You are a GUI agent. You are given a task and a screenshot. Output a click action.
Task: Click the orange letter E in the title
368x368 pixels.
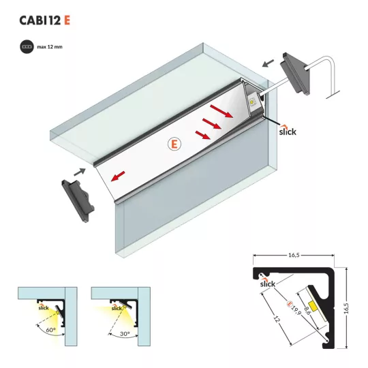[x=67, y=20]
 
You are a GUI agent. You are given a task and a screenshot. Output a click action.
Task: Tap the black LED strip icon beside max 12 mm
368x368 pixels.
[x=27, y=47]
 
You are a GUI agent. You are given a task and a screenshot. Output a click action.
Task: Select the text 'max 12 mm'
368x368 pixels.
[x=50, y=47]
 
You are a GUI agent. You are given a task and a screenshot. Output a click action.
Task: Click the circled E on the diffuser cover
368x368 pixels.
[x=174, y=144]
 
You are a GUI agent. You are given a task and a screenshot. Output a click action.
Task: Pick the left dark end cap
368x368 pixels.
[x=78, y=200]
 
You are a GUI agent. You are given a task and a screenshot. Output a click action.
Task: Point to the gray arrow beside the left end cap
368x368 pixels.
[x=79, y=172]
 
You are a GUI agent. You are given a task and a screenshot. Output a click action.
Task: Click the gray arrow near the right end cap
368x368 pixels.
[x=268, y=63]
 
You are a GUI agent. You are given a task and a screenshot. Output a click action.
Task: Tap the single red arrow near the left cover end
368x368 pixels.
[x=118, y=177]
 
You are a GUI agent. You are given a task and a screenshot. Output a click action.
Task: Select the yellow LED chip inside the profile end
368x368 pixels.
[x=251, y=102]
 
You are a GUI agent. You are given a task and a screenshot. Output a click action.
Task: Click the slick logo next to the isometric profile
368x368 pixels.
[x=288, y=130]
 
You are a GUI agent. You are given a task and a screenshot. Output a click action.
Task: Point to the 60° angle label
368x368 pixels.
[x=50, y=330]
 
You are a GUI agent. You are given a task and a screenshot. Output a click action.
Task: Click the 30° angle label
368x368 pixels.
[x=125, y=333]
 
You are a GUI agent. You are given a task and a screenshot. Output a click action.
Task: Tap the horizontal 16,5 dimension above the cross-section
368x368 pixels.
[x=294, y=255]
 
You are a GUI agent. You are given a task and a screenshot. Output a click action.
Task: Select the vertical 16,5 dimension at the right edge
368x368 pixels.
[x=346, y=308]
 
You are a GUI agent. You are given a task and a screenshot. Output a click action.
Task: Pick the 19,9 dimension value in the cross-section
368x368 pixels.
[x=296, y=310]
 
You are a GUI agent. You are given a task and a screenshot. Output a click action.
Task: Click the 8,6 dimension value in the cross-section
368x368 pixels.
[x=307, y=311]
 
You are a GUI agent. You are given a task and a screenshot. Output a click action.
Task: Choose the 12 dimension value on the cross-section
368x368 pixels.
[x=277, y=319]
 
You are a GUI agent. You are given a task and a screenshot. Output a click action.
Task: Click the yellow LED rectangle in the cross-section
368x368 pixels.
[x=313, y=305]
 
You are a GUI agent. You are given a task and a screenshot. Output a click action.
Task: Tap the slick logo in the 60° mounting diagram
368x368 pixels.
[x=44, y=307]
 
